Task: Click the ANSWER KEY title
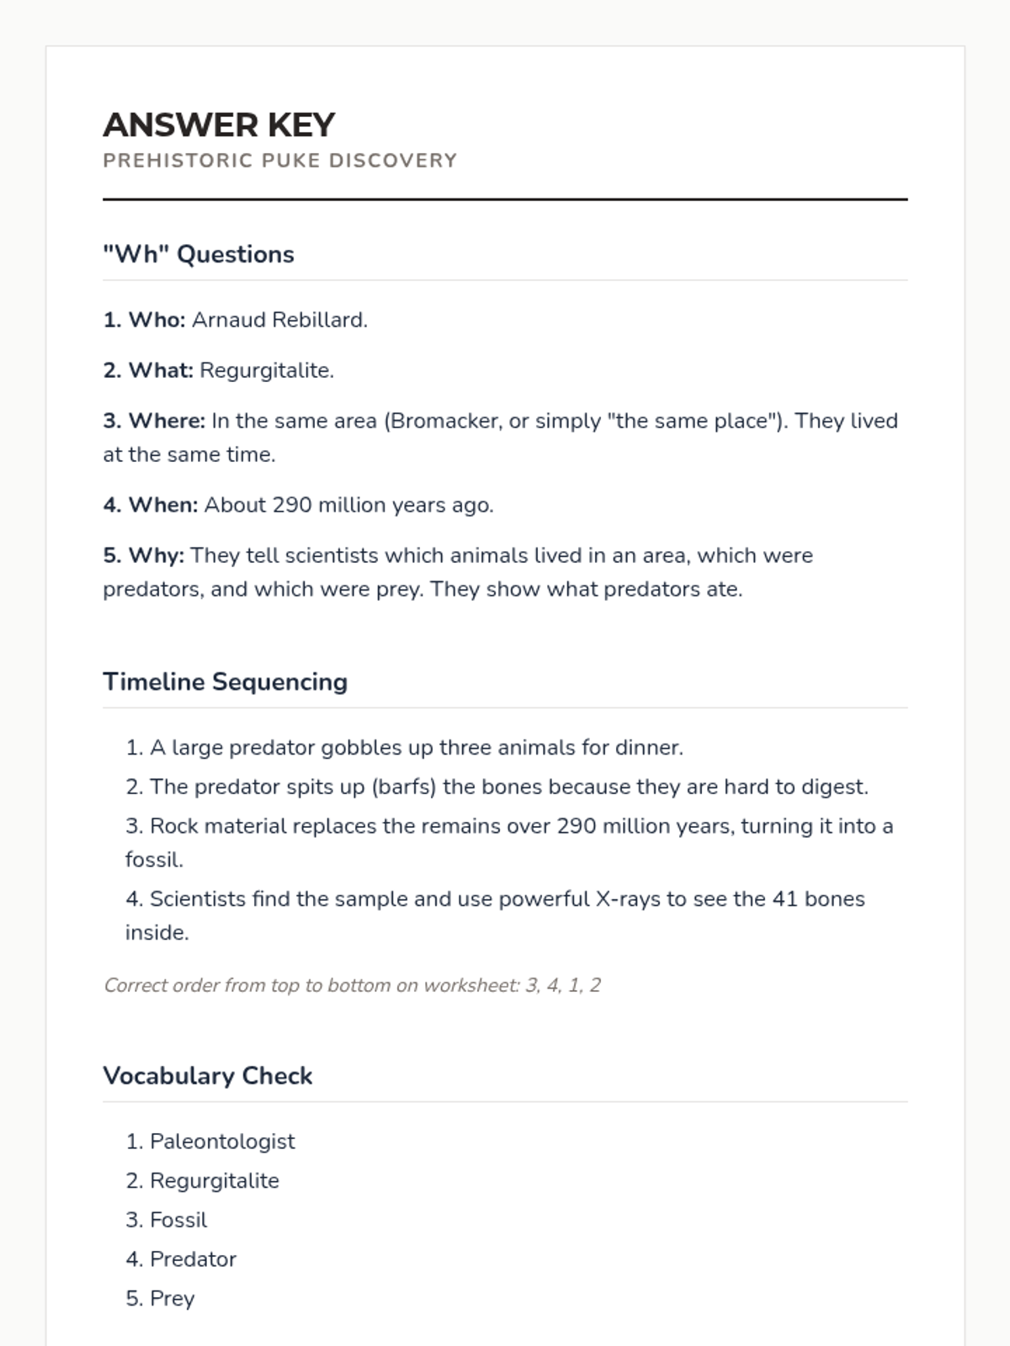click(x=219, y=125)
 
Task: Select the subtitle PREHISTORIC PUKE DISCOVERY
click(x=279, y=161)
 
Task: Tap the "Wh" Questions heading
click(x=199, y=254)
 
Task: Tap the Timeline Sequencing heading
click(x=225, y=681)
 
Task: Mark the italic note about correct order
click(x=352, y=985)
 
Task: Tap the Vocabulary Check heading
click(x=207, y=1076)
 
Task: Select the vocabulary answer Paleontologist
click(x=222, y=1142)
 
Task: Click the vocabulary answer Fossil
click(x=178, y=1220)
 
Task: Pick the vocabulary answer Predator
click(x=193, y=1259)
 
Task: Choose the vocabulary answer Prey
click(x=172, y=1299)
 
